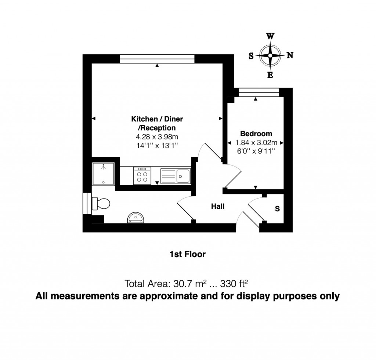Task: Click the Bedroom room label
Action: tap(256, 134)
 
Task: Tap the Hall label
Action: tap(217, 207)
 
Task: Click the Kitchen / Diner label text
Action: tap(157, 119)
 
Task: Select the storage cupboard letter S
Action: tap(277, 209)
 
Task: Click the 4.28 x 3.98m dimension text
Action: tap(157, 137)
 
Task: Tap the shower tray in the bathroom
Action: tap(104, 174)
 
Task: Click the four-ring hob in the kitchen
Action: tap(142, 175)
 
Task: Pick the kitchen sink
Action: tap(176, 175)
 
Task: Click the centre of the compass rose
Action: tap(270, 56)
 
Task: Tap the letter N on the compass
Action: tap(290, 56)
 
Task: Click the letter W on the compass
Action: tap(270, 36)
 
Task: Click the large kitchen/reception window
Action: tap(157, 59)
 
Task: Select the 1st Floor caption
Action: tap(187, 254)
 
